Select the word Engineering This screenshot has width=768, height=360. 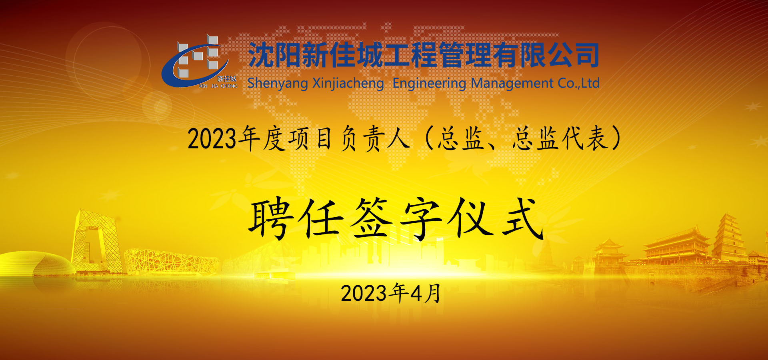pos(430,84)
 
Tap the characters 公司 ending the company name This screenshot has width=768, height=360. pos(573,55)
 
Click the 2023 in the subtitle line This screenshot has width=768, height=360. pos(212,139)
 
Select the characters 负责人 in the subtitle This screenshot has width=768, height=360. pos(375,139)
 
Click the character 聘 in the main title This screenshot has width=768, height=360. pos(270,219)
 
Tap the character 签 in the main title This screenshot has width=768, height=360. pos(371,219)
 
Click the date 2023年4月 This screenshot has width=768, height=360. pos(391,293)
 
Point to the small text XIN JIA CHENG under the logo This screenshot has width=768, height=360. pos(218,86)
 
